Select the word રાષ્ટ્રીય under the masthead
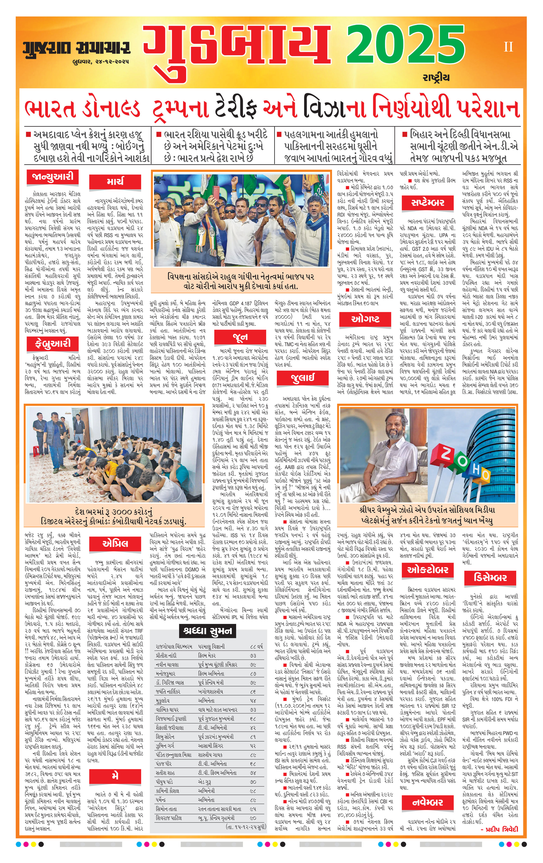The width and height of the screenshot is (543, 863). click(x=436, y=77)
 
